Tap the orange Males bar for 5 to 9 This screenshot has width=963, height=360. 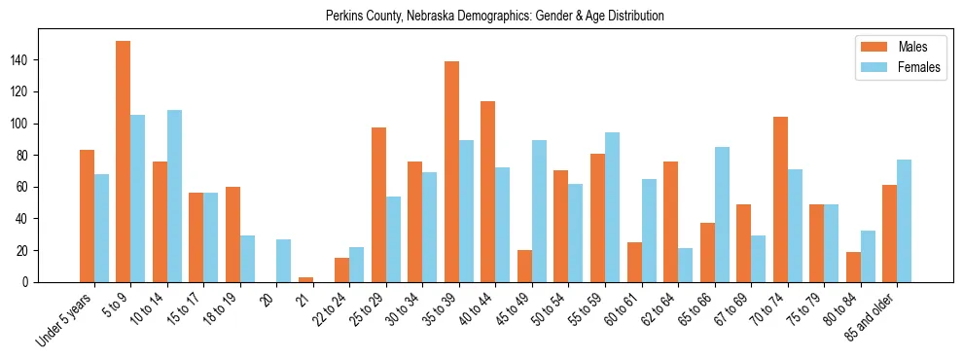coord(124,162)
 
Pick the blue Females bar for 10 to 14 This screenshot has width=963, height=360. coord(174,196)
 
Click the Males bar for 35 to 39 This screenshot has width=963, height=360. coord(452,171)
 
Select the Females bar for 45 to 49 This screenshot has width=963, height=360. coord(539,211)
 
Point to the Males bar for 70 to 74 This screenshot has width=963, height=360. coord(780,199)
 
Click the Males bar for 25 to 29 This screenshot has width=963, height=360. coord(379,204)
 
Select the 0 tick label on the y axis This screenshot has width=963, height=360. coord(32,282)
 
